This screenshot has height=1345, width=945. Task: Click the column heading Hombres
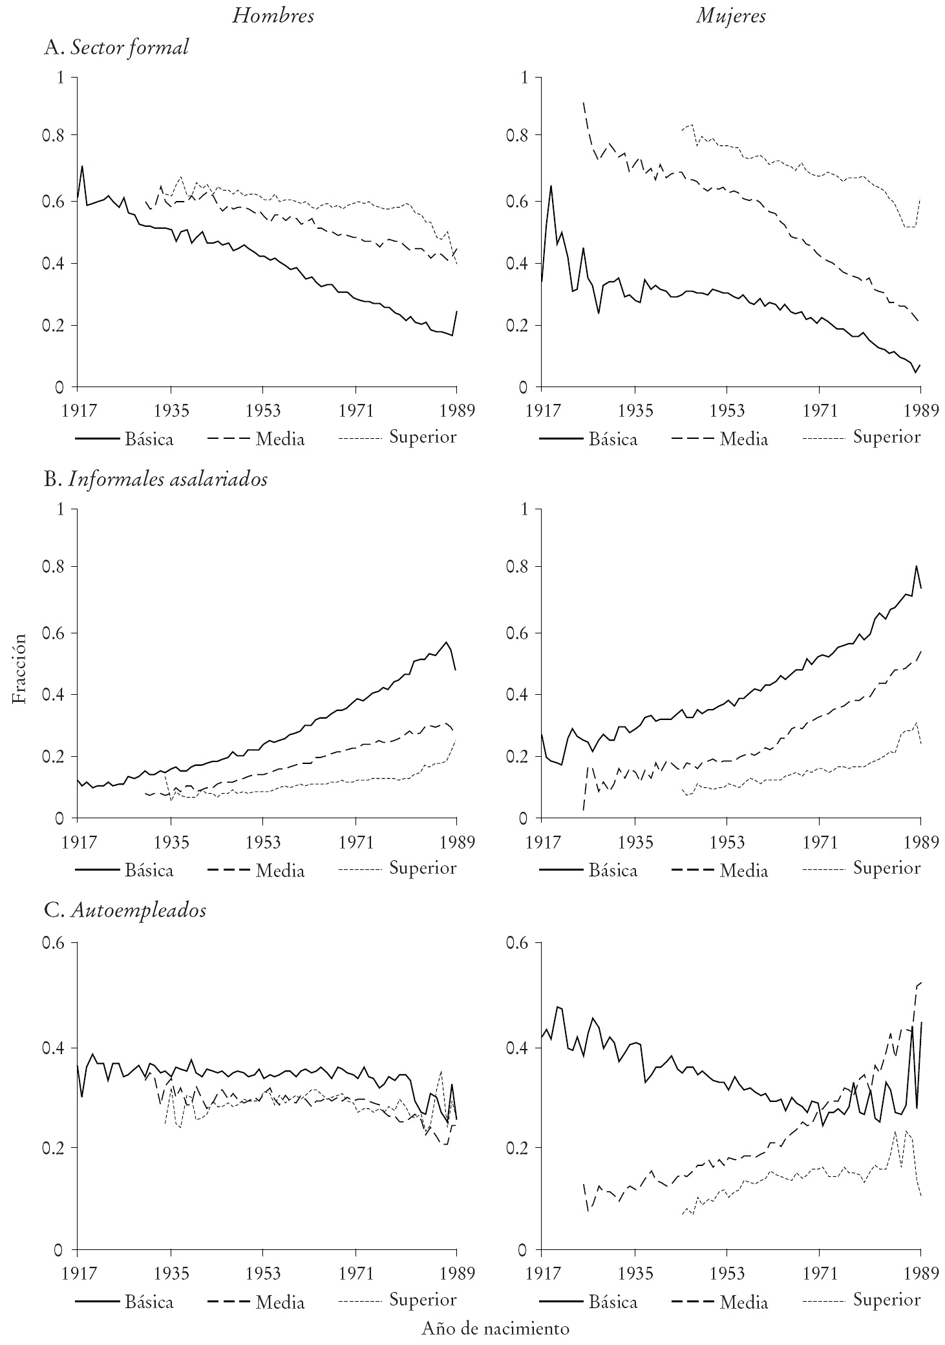[273, 16]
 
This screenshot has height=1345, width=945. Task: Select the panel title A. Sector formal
[116, 47]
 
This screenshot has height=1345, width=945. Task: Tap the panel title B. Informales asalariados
[155, 480]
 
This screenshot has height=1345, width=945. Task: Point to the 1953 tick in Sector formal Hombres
[262, 410]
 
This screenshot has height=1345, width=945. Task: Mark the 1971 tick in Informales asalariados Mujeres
[819, 842]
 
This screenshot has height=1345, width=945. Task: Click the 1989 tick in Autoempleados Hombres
[456, 1273]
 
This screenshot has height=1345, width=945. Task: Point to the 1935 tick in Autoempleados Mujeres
[635, 1273]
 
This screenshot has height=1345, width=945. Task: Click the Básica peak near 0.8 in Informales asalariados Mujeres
[916, 566]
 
